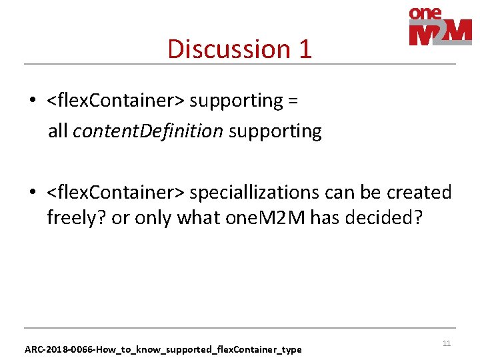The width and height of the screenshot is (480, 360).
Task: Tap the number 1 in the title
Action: tap(305, 49)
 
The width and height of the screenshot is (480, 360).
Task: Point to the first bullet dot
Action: tap(32, 101)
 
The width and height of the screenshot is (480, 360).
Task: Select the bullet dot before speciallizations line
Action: tap(32, 193)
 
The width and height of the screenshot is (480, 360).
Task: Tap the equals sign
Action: tap(293, 101)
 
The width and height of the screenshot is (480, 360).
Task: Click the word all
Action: tap(57, 131)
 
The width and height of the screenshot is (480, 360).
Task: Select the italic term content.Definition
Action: tap(147, 131)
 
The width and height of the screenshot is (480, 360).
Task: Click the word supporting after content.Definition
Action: tap(275, 131)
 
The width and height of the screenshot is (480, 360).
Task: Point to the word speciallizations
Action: tap(265, 193)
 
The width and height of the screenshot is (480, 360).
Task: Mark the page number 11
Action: tap(447, 343)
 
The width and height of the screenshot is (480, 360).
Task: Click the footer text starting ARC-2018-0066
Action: tap(163, 349)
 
